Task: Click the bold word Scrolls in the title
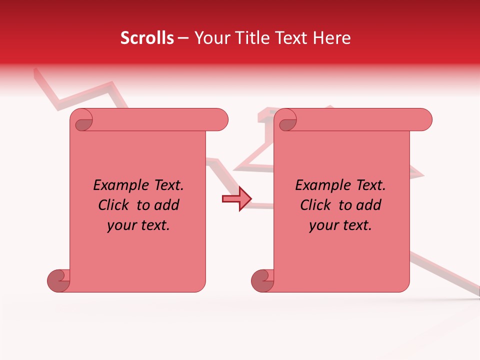[147, 38]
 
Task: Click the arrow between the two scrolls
[236, 199]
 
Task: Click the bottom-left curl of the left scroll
[59, 280]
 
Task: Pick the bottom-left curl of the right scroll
[263, 280]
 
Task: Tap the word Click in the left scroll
[114, 205]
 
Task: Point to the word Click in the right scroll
[316, 205]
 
